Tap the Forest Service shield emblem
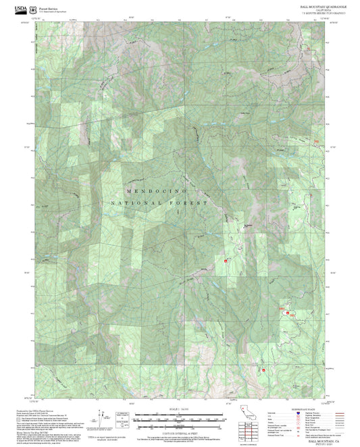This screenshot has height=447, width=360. [x=35, y=9]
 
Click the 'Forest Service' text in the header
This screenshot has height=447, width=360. [x=48, y=7]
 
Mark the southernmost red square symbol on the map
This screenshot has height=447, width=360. [x=263, y=369]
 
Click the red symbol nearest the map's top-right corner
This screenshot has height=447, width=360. [x=309, y=49]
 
